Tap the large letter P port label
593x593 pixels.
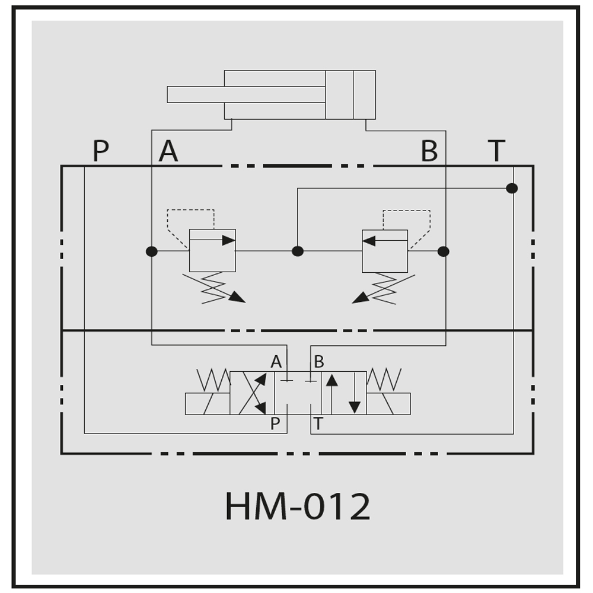pos(101,151)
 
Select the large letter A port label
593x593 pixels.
pos(168,151)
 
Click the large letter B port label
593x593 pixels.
pos(429,151)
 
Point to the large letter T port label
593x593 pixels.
pos(496,151)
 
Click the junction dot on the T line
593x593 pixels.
pos(512,188)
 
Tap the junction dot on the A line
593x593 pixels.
pos(152,251)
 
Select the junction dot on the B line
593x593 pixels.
pos(443,251)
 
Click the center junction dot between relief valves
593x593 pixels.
pos(298,251)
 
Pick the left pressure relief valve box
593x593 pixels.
pos(212,250)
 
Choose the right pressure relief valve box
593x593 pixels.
pos(385,251)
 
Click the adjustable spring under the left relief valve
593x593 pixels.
pos(213,288)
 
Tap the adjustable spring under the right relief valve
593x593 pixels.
pos(384,289)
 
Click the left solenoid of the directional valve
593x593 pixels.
pos(208,403)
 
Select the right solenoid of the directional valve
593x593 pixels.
pos(388,403)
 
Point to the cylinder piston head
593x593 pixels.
pos(339,94)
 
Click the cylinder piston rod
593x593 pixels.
pos(246,94)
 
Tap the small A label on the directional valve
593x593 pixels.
pos(276,362)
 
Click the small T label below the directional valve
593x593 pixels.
pos(318,423)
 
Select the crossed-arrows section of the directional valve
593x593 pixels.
pos(252,393)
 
